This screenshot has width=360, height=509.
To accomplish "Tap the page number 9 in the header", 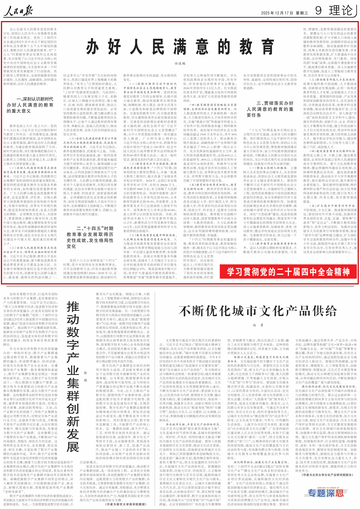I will (318, 11).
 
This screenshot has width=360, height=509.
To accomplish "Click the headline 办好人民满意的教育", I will (180, 47).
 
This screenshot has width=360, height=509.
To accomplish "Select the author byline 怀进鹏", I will (180, 64).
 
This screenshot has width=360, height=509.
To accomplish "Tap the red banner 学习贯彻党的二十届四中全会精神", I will (288, 272).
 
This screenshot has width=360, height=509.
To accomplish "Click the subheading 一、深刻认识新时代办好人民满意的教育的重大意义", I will (30, 105).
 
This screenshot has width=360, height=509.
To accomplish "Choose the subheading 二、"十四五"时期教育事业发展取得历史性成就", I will (90, 237).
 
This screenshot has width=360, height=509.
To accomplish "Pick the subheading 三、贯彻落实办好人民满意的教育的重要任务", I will (270, 109).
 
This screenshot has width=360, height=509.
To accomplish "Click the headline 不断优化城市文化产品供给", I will (258, 311).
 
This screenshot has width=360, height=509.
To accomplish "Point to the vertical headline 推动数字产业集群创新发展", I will (73, 377).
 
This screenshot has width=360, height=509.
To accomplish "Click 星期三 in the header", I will (302, 13).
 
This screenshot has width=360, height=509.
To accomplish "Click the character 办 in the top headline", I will (93, 47).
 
